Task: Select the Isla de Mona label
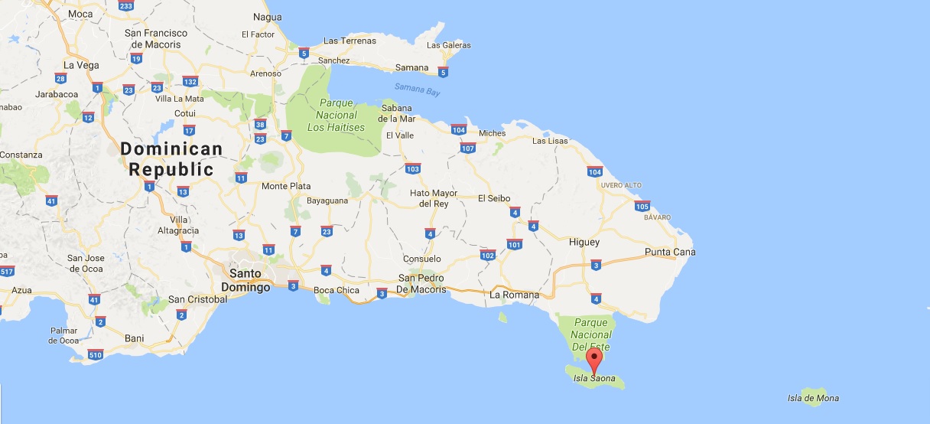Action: [x=813, y=398]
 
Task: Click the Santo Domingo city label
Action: [x=246, y=280]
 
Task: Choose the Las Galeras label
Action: [x=449, y=45]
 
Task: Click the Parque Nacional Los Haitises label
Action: [x=337, y=115]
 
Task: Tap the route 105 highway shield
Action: [x=642, y=206]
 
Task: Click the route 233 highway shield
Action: [x=126, y=6]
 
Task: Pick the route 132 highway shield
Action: [x=190, y=82]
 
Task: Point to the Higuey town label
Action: [x=584, y=242]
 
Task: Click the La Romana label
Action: [x=514, y=295]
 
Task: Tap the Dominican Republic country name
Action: [x=171, y=159]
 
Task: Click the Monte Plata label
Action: [x=286, y=186]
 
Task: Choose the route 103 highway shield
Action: [x=413, y=168]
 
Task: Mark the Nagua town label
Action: [x=268, y=17]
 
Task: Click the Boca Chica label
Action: [x=336, y=290]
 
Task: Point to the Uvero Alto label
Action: [x=619, y=186]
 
